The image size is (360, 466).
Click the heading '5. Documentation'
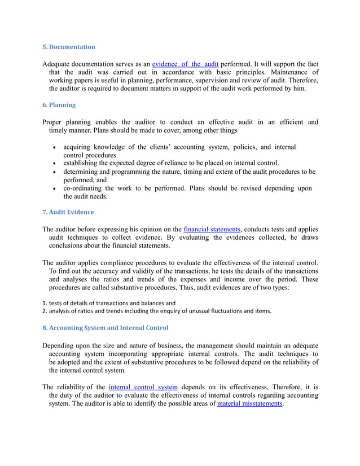coord(69,47)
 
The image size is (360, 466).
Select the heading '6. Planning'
coord(59,105)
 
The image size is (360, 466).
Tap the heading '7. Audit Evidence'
coord(68,212)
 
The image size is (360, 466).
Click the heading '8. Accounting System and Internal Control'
coord(105,328)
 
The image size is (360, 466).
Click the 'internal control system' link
coord(143,387)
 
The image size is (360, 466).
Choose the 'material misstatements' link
coord(249,404)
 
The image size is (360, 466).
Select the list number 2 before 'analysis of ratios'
coord(44,311)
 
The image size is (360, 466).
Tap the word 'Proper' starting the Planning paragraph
coord(54,122)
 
